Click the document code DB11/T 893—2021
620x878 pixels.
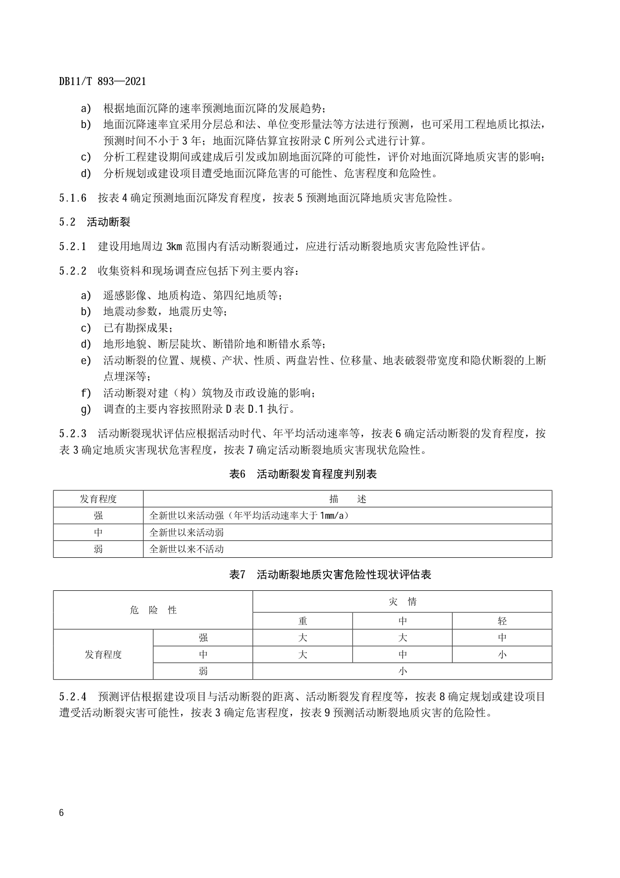point(102,81)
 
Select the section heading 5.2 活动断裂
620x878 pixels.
point(94,222)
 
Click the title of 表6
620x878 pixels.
point(302,474)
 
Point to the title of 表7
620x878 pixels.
point(330,575)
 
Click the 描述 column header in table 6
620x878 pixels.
point(347,499)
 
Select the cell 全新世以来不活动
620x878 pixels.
point(186,549)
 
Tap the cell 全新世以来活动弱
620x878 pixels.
point(186,533)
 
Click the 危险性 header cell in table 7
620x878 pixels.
point(153,610)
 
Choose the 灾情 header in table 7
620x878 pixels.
point(402,602)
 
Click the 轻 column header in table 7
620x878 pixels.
point(502,621)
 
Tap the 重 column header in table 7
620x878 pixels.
point(302,621)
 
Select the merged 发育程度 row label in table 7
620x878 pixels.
point(103,654)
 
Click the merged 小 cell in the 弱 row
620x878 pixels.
point(402,671)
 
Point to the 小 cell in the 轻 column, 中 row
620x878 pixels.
point(502,654)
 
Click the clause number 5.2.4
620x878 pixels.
point(72,697)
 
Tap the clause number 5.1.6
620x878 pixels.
point(72,198)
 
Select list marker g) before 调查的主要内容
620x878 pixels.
point(86,409)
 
